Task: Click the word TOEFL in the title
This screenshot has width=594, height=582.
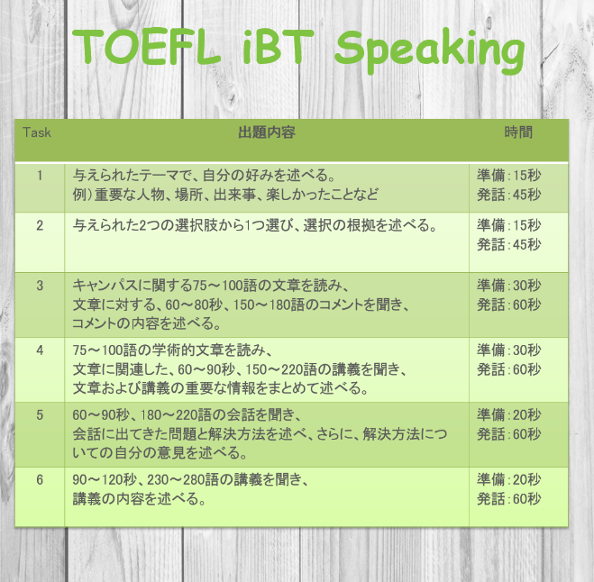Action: pos(146,47)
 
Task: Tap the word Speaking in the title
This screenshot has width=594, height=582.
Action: pos(430,50)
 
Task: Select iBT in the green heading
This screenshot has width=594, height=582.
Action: pos(279,47)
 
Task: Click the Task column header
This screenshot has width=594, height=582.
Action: pos(37,132)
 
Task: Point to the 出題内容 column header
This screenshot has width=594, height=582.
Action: pos(267,132)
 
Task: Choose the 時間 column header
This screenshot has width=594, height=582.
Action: pos(518,132)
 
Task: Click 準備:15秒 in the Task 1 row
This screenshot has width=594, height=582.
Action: pos(508,176)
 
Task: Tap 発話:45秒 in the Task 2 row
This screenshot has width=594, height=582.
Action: pos(508,245)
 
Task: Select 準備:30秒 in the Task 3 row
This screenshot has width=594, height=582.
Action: pos(508,286)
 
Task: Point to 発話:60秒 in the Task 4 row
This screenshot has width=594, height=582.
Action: pos(508,369)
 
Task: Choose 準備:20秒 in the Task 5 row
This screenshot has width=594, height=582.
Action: pos(508,415)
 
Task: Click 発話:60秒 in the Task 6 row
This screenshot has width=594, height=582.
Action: pos(508,499)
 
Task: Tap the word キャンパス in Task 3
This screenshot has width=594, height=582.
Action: pos(105,286)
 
